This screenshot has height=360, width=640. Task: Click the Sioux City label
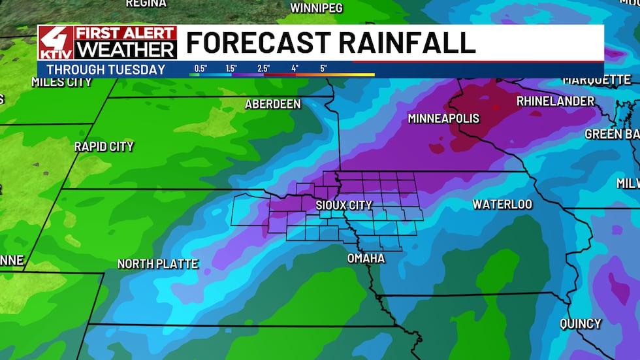click(x=344, y=205)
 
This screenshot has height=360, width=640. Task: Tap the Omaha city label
click(x=366, y=259)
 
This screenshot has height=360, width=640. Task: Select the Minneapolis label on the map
click(x=443, y=118)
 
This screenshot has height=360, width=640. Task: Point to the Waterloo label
click(x=502, y=205)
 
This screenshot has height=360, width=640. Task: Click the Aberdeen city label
click(x=272, y=105)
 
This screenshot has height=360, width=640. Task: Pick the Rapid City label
click(x=104, y=146)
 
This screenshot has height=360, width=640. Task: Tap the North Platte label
click(x=157, y=264)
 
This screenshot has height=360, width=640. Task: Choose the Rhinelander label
click(x=555, y=101)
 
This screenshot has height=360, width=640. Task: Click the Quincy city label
click(x=580, y=323)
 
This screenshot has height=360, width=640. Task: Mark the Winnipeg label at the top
click(x=316, y=8)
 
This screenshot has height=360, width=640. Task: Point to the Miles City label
click(x=61, y=82)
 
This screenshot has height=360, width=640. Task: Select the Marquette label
click(x=597, y=80)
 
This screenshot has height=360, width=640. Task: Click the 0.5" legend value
click(x=200, y=68)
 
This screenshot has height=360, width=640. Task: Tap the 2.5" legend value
click(x=263, y=68)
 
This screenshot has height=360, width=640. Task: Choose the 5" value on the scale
click(x=324, y=68)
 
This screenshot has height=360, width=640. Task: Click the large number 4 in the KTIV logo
click(x=56, y=39)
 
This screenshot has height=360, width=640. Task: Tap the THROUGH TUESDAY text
click(x=106, y=69)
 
